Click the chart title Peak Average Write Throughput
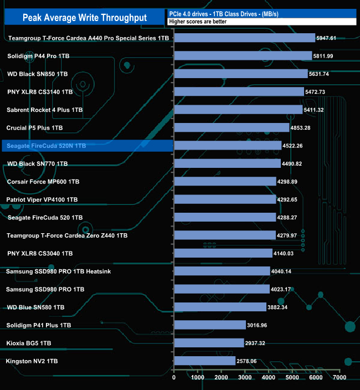click(85, 17)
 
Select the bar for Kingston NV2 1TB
click(204, 361)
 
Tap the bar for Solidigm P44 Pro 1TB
click(243, 56)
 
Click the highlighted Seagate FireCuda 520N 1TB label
click(47, 146)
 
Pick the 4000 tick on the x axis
click(269, 377)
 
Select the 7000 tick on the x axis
click(340, 377)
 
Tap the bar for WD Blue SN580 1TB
click(220, 307)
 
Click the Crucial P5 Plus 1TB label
click(34, 127)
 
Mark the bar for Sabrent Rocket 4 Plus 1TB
click(238, 110)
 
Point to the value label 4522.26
click(296, 146)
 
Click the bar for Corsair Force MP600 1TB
click(225, 181)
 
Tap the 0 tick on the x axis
click(174, 377)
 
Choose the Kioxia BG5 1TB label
click(29, 343)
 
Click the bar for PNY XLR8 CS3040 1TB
click(223, 253)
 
